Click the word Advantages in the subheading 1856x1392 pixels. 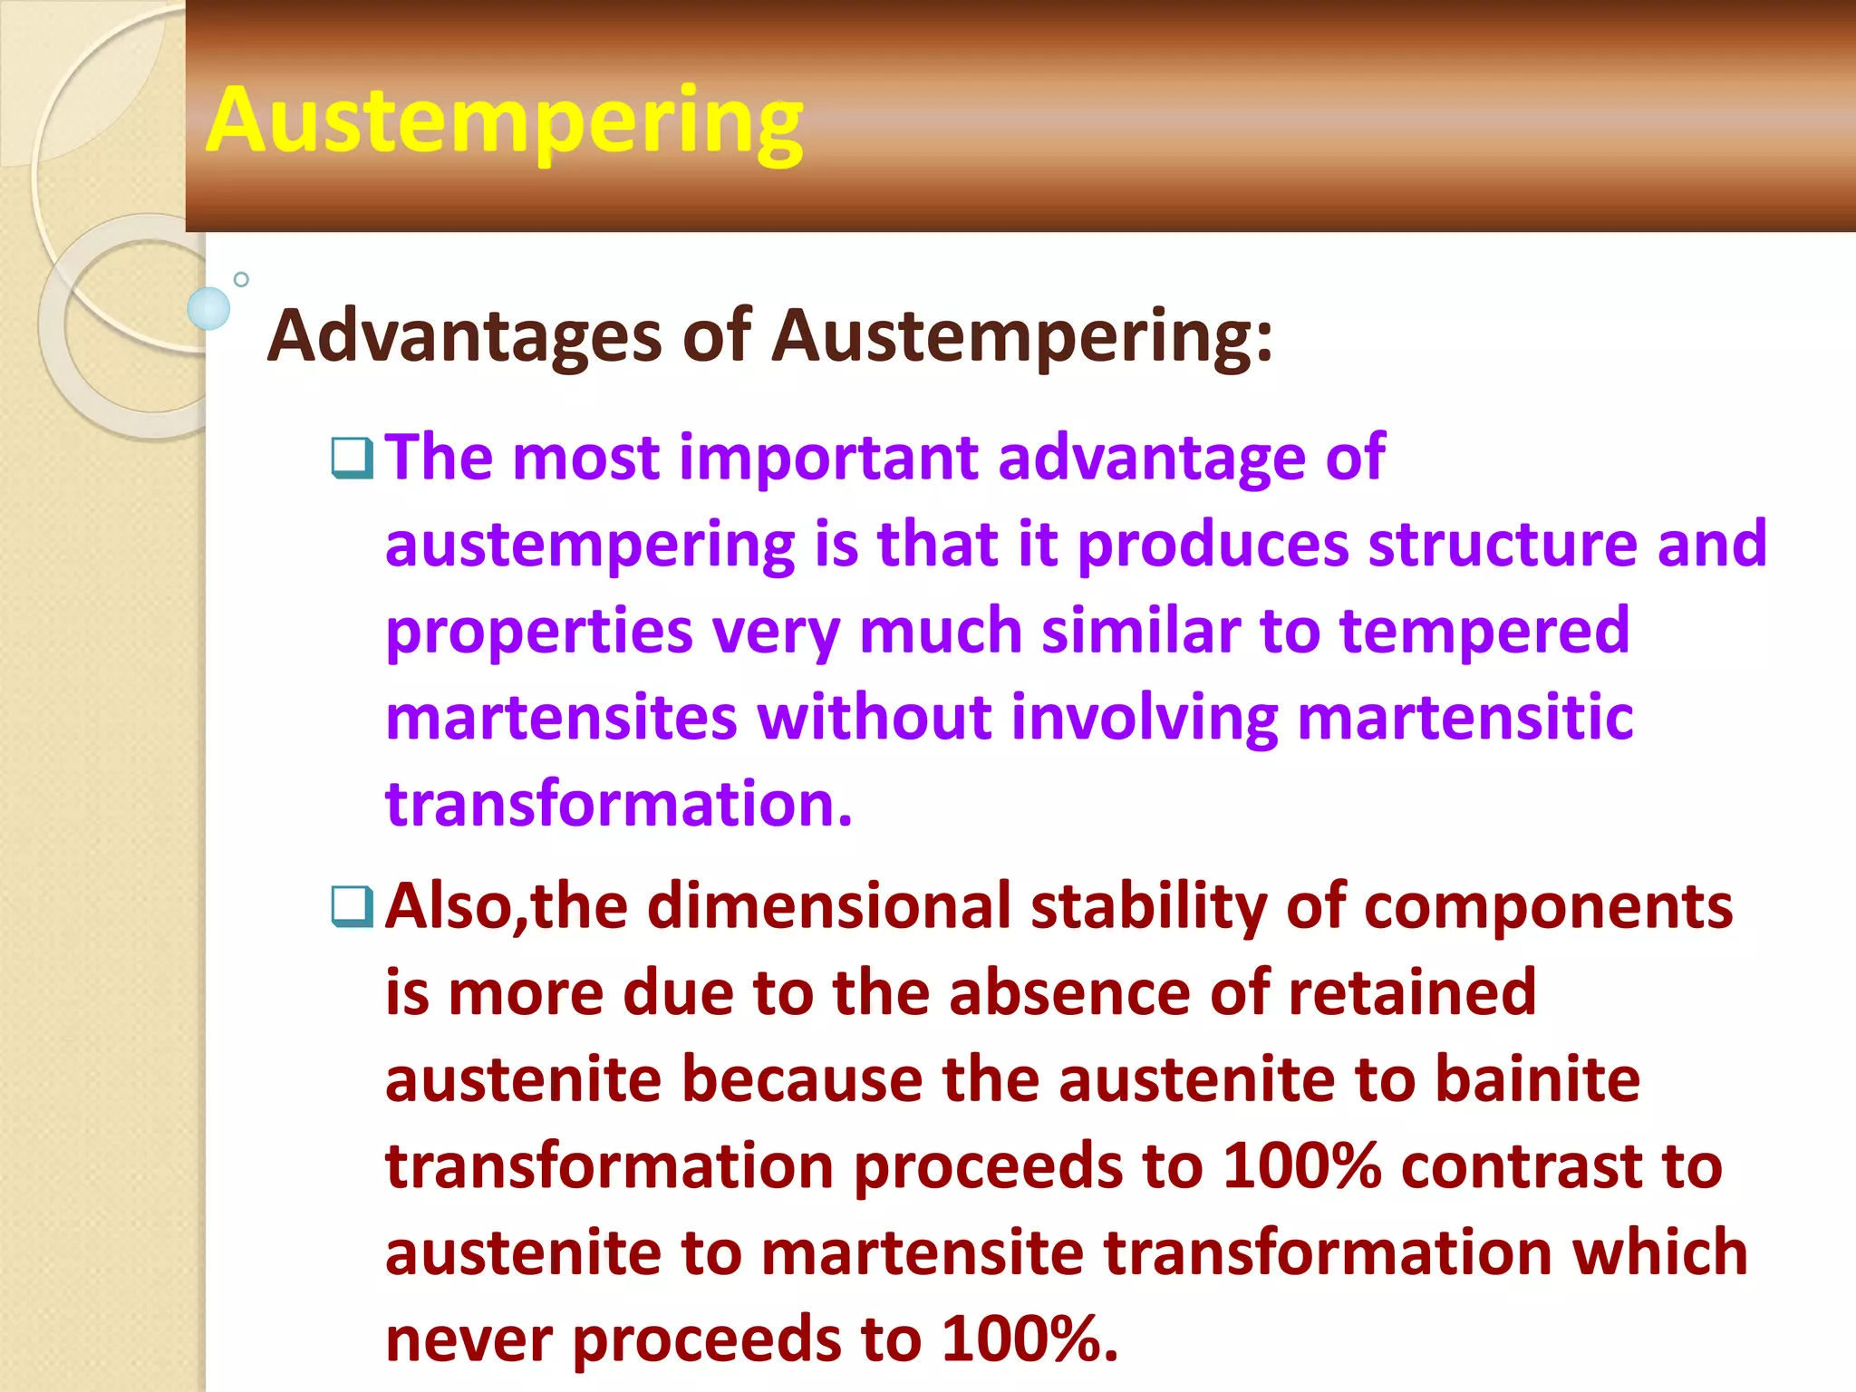464,335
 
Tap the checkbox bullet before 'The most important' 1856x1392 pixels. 352,458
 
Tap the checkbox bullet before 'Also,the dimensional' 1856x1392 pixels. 352,907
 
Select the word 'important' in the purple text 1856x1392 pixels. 828,458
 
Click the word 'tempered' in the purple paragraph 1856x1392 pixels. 1484,631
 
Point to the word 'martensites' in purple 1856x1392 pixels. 561,717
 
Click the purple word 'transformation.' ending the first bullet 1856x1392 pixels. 619,804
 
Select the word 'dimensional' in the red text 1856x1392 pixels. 828,906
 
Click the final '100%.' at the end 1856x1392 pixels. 1029,1339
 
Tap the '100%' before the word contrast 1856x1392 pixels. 1301,1166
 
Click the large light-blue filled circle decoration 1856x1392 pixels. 208,308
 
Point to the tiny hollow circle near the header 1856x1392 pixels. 241,279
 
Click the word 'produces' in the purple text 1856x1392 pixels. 1213,545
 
